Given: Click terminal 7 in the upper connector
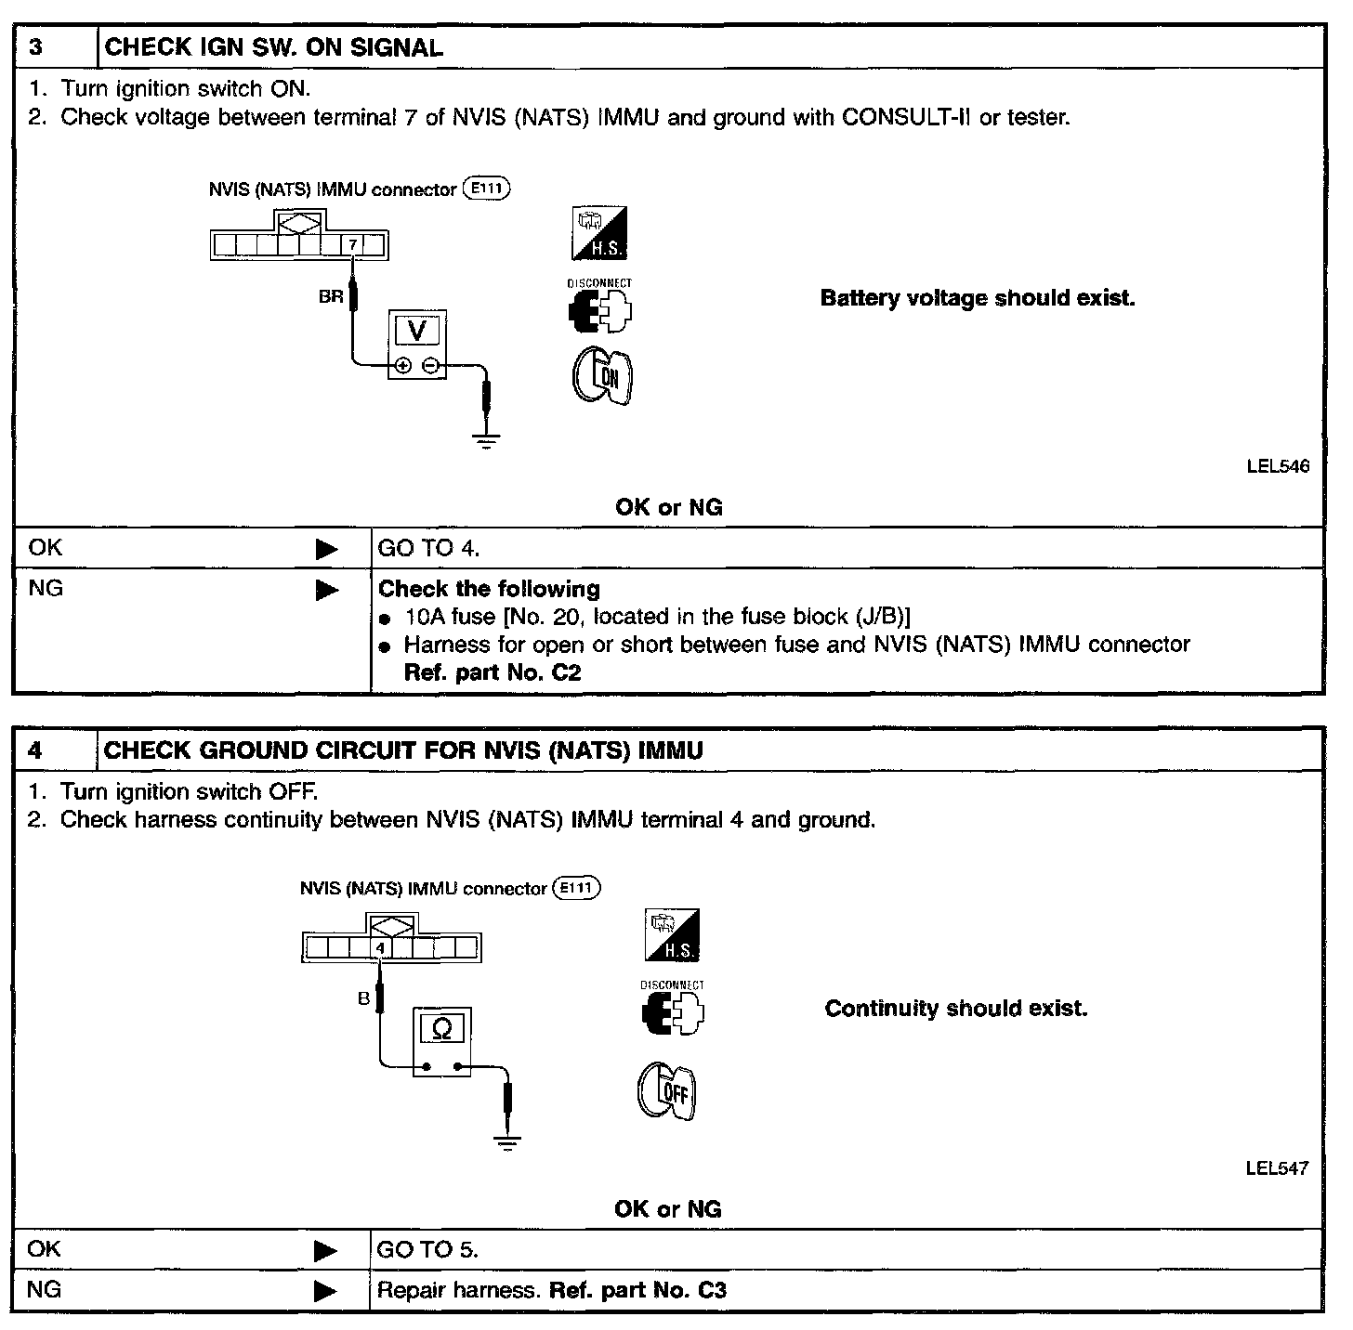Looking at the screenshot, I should pyautogui.click(x=352, y=245).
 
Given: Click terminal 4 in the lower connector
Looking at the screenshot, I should pyautogui.click(x=380, y=948).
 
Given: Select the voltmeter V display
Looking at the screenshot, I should pyautogui.click(x=417, y=331).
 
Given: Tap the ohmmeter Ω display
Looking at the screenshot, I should pyautogui.click(x=442, y=1029).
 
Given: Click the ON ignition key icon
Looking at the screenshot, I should pyautogui.click(x=602, y=375).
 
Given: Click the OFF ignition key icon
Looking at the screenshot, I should pyautogui.click(x=667, y=1091).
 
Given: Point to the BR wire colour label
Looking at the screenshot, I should pyautogui.click(x=331, y=298).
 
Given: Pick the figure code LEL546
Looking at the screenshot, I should pyautogui.click(x=1278, y=466).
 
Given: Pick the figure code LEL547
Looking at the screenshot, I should pyautogui.click(x=1277, y=1168).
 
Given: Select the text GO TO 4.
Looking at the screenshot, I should pyautogui.click(x=428, y=549).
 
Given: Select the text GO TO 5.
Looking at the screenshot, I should pyautogui.click(x=427, y=1250).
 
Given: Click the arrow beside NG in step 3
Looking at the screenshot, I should pyautogui.click(x=327, y=591).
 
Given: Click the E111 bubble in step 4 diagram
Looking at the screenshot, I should pyautogui.click(x=576, y=888).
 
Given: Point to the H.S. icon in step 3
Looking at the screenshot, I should pyautogui.click(x=599, y=233).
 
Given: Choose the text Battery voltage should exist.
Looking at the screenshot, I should pyautogui.click(x=978, y=299).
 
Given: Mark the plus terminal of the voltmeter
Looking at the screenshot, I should pyautogui.click(x=402, y=366).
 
